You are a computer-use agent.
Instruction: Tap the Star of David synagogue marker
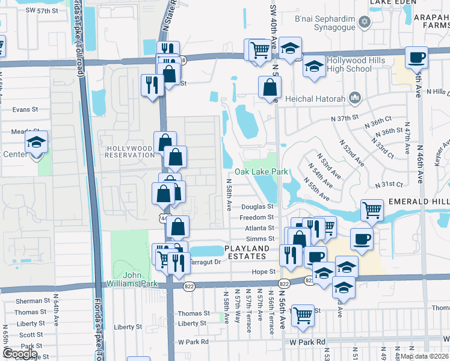363,23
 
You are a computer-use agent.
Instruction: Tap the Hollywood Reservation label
129,151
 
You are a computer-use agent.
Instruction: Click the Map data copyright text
425,356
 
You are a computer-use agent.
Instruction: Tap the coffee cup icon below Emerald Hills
362,239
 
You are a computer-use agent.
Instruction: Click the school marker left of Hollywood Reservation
37,143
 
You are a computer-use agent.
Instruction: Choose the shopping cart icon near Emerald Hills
372,211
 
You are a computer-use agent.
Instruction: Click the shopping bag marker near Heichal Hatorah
270,87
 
